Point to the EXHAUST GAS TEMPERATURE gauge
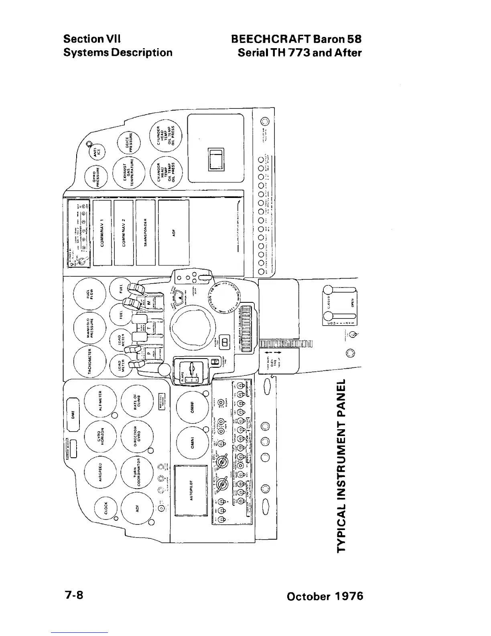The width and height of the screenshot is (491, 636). click(128, 173)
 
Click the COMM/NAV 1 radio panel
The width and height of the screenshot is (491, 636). click(102, 232)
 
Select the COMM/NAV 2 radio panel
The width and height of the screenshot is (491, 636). click(124, 232)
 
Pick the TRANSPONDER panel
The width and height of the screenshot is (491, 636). click(146, 232)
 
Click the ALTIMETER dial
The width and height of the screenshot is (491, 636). click(100, 402)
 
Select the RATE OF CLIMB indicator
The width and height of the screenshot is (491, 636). click(137, 402)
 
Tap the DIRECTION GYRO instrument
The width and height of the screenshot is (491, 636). click(137, 436)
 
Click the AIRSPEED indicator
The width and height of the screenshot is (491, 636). click(100, 473)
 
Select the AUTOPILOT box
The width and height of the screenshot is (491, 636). click(191, 490)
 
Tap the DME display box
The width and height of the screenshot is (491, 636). click(73, 413)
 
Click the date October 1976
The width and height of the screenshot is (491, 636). click(325, 596)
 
